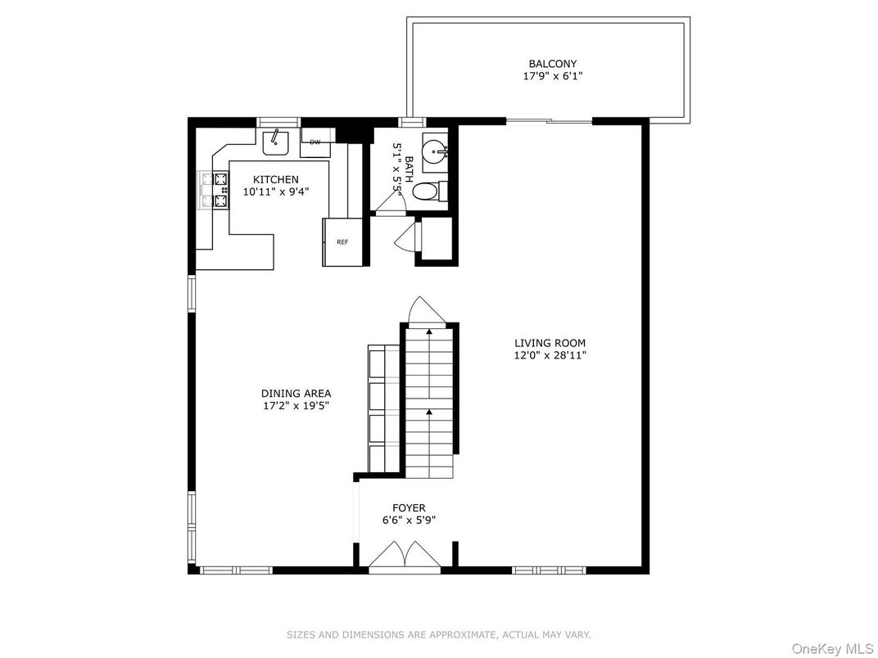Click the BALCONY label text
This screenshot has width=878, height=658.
coord(552,64)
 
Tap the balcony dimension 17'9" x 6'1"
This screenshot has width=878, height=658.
coord(552,76)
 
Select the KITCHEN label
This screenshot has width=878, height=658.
coord(275,180)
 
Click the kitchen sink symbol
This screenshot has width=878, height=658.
coord(276,142)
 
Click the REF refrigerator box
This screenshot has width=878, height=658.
coord(342,241)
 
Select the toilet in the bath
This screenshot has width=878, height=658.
coord(427,192)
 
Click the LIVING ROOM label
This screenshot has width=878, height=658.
coord(550,344)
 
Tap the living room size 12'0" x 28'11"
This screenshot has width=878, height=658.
coord(550,355)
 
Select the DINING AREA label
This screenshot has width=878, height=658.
coord(296,394)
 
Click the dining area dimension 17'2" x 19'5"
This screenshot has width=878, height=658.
coord(296,405)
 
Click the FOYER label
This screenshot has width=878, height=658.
coord(408,508)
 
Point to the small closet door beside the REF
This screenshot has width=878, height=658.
coord(405,237)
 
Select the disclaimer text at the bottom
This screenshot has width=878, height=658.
coord(438,634)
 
